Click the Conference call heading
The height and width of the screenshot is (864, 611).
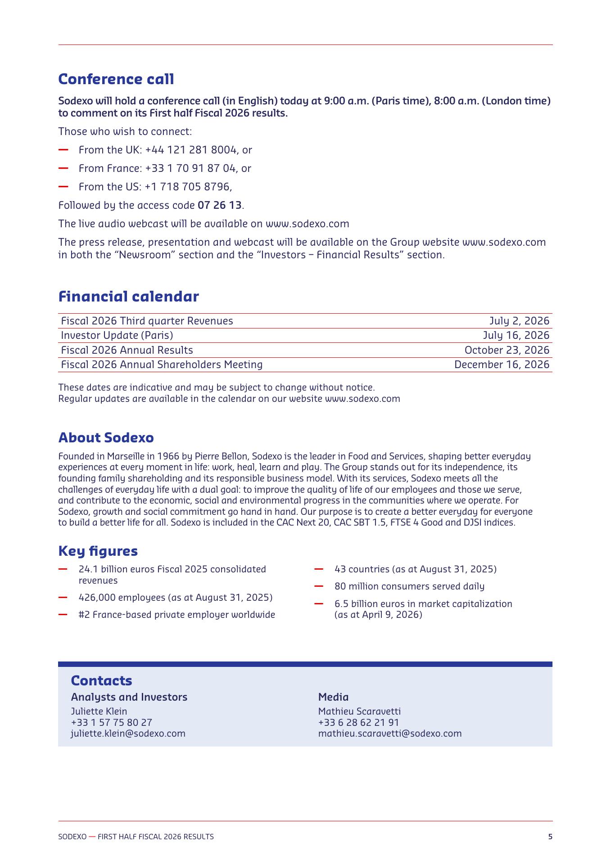(116, 79)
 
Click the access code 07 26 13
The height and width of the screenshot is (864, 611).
(219, 205)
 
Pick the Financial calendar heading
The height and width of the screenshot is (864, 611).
(128, 297)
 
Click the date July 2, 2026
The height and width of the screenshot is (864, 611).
(519, 321)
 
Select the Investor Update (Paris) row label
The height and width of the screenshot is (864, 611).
(117, 335)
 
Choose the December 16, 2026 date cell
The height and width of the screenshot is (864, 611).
(502, 364)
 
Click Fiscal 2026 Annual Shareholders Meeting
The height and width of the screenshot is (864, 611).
(162, 364)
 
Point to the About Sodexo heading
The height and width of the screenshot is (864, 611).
(106, 437)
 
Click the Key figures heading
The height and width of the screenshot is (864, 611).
(98, 551)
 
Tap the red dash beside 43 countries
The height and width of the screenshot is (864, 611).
(319, 569)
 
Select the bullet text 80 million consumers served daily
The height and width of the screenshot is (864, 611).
(409, 586)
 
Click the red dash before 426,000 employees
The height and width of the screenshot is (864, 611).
(63, 598)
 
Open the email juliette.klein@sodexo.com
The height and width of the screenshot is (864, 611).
(128, 733)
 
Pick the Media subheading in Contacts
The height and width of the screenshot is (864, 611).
(333, 697)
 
